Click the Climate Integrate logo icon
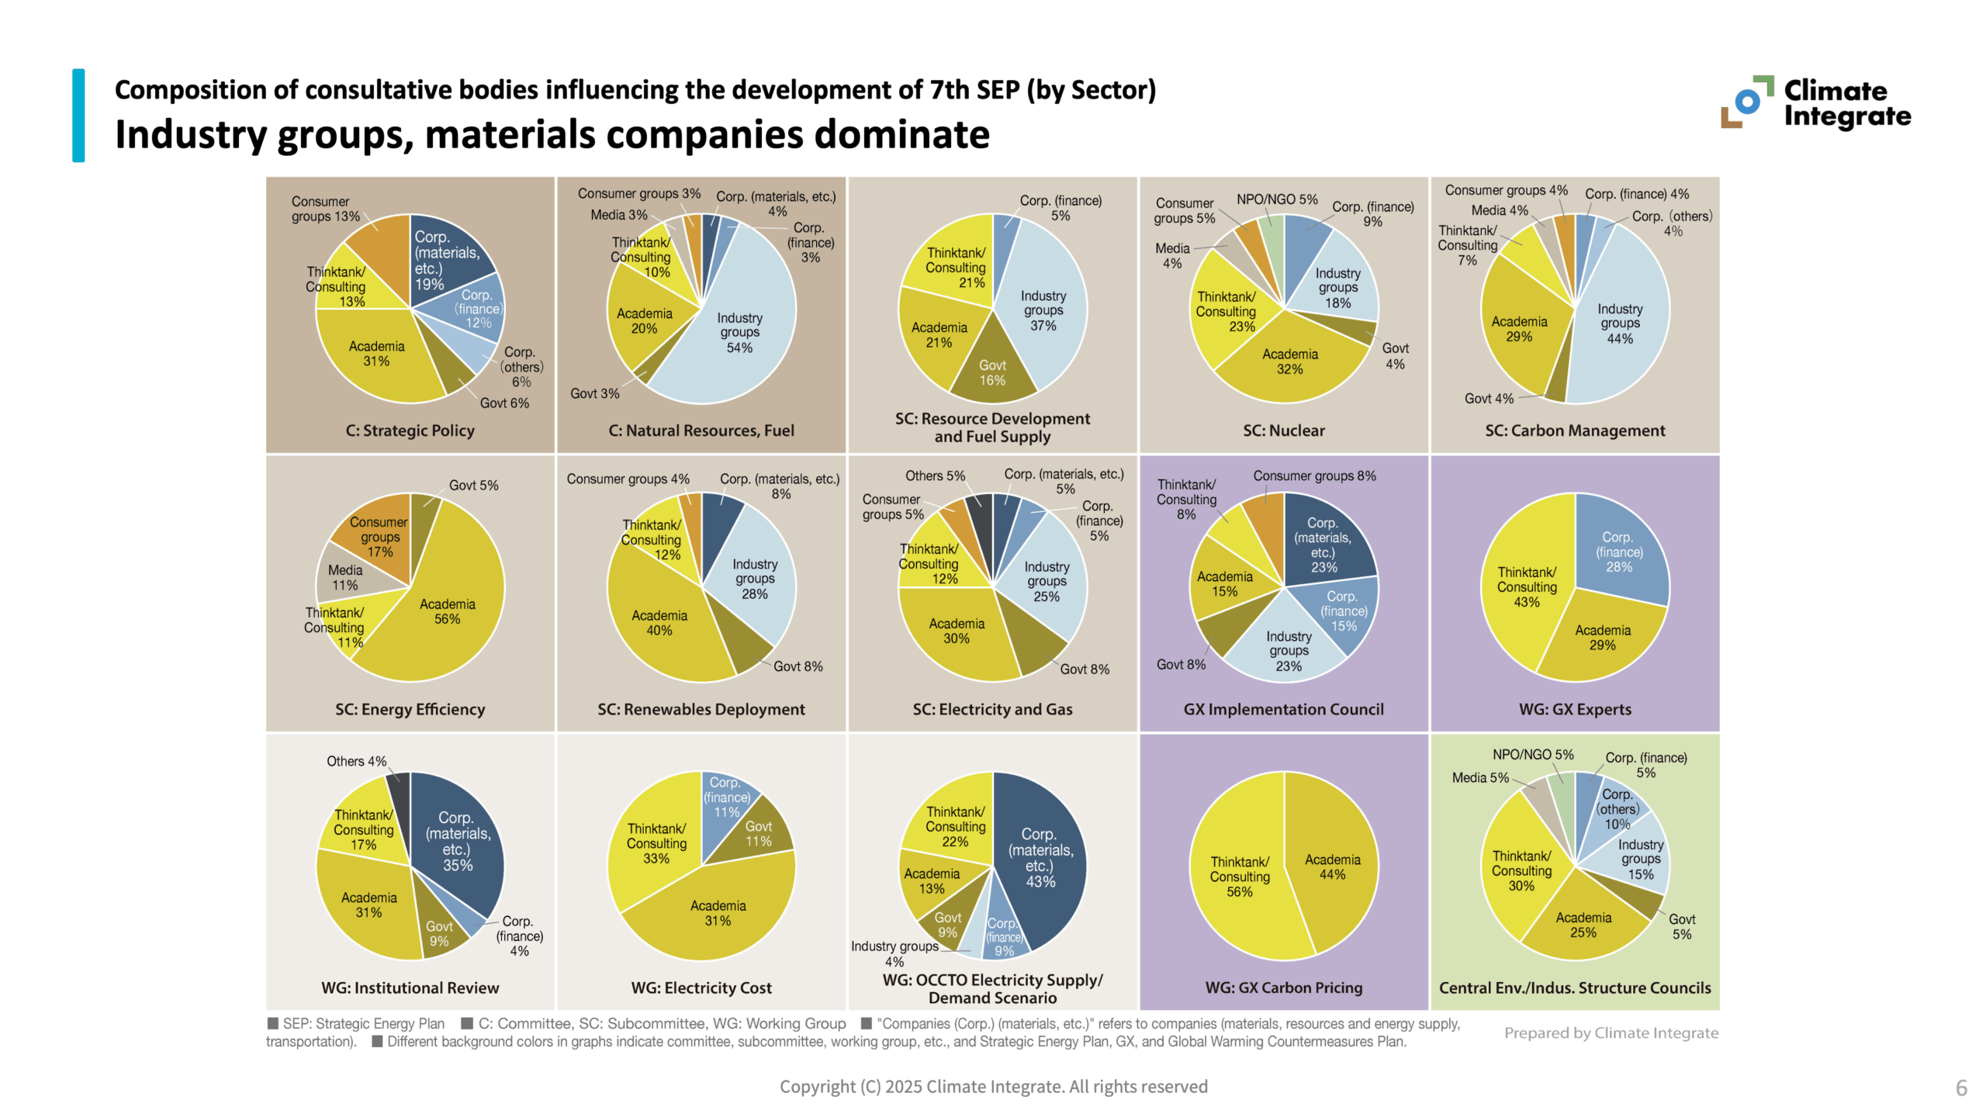(x=1746, y=102)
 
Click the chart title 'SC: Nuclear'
(x=1283, y=431)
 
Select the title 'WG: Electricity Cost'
(x=701, y=987)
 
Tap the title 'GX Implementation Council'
(x=1283, y=709)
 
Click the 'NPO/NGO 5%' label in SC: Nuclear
(x=1276, y=199)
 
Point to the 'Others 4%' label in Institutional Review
(x=356, y=761)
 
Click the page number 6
(x=1960, y=1088)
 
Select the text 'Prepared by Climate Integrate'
(x=1611, y=1032)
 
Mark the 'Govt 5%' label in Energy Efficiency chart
(x=473, y=485)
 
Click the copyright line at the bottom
(x=993, y=1086)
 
